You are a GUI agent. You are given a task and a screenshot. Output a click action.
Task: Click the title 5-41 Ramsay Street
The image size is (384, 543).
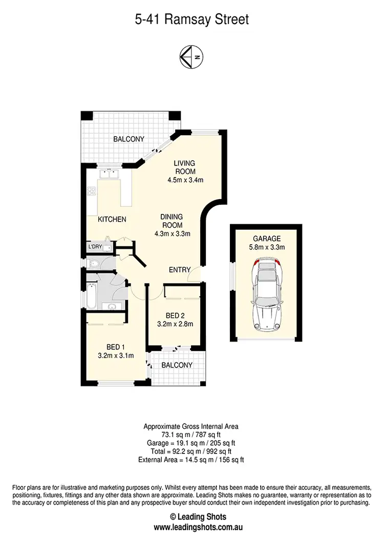click(192, 20)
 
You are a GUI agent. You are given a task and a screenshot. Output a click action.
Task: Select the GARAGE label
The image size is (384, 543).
click(266, 239)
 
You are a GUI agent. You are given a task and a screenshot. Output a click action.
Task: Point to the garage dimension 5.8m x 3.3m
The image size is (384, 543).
click(266, 247)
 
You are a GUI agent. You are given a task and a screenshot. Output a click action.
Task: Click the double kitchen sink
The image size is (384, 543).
click(108, 174)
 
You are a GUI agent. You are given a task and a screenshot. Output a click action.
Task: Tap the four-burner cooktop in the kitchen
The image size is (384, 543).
click(92, 192)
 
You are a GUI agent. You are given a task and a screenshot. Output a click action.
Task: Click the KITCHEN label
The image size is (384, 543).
click(112, 220)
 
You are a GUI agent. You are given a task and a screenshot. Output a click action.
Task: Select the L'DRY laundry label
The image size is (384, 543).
click(95, 247)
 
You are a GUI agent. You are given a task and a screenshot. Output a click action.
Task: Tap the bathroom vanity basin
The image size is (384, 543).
click(112, 306)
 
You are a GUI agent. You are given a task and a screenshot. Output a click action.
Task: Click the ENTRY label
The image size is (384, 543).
click(180, 270)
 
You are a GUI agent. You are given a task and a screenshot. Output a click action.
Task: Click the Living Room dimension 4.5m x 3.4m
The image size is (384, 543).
click(185, 180)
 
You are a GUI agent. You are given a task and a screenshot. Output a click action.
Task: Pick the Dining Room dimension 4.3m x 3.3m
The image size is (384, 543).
click(172, 234)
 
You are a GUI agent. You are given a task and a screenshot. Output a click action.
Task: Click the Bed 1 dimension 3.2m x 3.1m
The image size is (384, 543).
click(116, 356)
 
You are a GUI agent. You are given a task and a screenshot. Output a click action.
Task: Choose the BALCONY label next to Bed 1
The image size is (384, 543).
click(177, 365)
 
